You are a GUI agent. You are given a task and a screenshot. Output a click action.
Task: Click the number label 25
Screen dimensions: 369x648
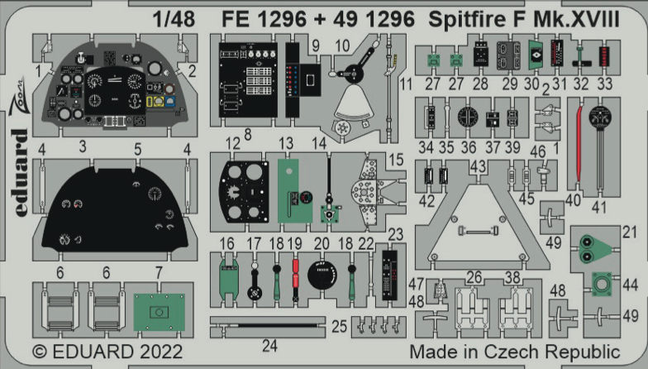click(x=339, y=328)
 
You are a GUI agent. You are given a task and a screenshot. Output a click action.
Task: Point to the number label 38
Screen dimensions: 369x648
click(x=512, y=278)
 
